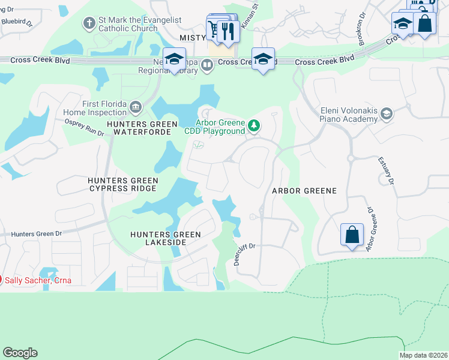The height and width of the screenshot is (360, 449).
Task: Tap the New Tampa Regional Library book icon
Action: pyautogui.click(x=207, y=65)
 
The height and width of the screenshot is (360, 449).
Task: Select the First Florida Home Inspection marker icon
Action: pyautogui.click(x=135, y=107)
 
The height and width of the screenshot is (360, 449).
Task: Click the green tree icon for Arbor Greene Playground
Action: pyautogui.click(x=255, y=125)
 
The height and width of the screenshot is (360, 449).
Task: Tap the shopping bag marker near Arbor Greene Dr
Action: pyautogui.click(x=352, y=234)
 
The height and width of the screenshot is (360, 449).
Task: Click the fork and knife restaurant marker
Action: pyautogui.click(x=228, y=31)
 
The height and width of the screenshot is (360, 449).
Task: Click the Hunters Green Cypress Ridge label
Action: pyautogui.click(x=123, y=184)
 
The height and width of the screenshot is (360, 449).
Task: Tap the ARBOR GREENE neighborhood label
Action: pyautogui.click(x=304, y=190)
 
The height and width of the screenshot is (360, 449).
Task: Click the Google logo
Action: pyautogui.click(x=20, y=353)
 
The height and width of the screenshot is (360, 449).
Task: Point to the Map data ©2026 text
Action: pyautogui.click(x=423, y=355)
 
